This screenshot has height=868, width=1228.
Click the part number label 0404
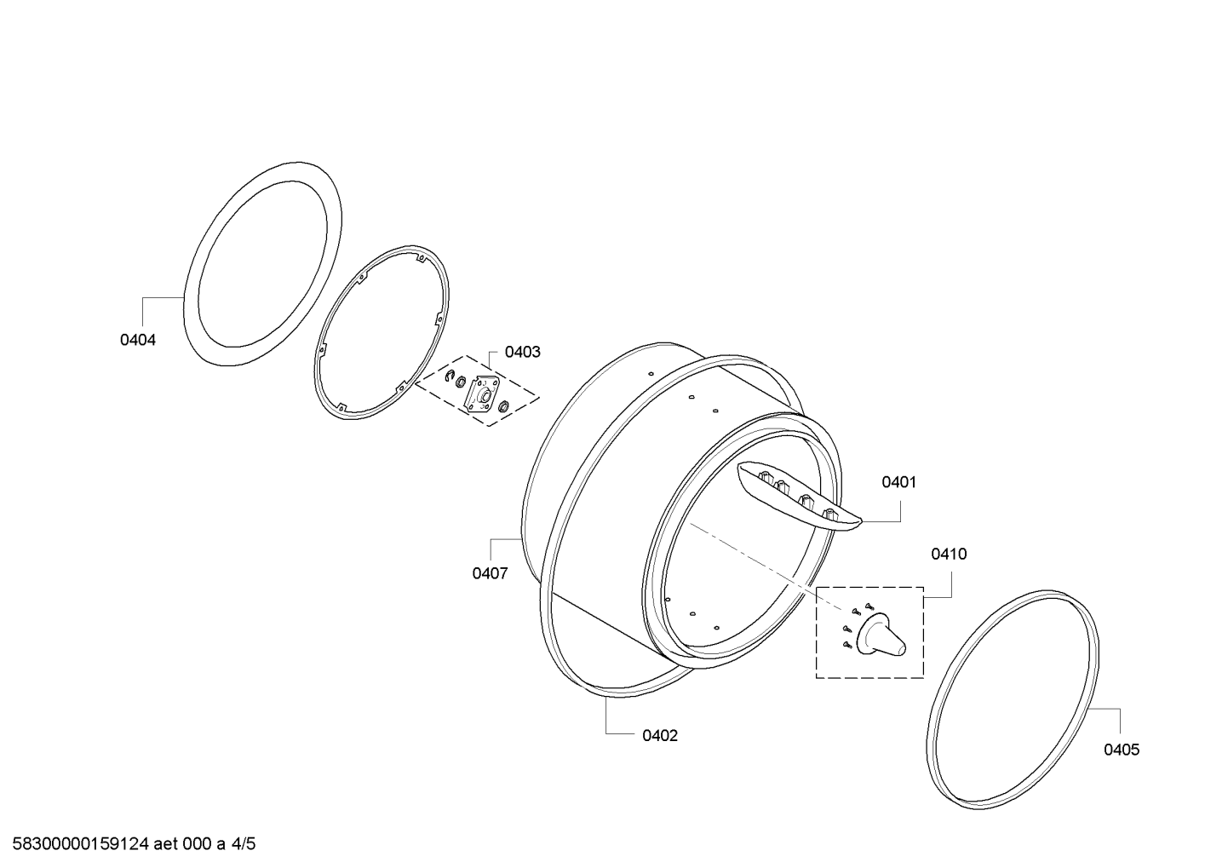[x=138, y=340]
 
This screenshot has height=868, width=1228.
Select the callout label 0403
[x=522, y=352]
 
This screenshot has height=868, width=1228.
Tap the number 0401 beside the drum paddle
[x=899, y=482]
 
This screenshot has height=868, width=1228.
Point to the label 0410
[x=949, y=554]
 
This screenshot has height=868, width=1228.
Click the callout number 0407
[x=491, y=573]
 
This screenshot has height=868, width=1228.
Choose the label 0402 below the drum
[x=660, y=736]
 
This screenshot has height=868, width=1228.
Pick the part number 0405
[x=1122, y=750]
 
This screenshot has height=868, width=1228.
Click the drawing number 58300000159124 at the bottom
[x=81, y=843]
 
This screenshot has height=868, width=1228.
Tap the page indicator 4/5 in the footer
[x=243, y=843]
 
